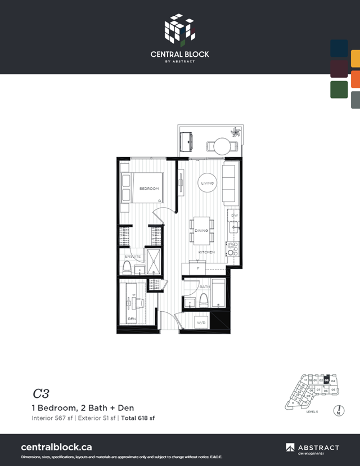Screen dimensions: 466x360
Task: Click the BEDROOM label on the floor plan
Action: click(x=149, y=189)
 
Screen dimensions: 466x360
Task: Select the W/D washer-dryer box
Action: click(x=201, y=322)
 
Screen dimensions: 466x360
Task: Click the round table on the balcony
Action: click(x=223, y=146)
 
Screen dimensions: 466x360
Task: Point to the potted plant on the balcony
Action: click(x=237, y=133)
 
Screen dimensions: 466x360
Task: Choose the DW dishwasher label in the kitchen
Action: click(x=235, y=216)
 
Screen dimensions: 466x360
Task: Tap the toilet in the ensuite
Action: click(x=127, y=267)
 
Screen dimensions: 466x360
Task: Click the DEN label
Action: click(x=132, y=319)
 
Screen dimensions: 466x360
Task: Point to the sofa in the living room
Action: click(x=229, y=183)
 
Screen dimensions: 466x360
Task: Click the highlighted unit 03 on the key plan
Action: click(x=327, y=380)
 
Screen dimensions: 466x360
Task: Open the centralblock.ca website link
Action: click(x=56, y=447)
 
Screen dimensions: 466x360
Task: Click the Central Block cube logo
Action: click(x=179, y=28)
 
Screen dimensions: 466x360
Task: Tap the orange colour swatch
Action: click(x=355, y=79)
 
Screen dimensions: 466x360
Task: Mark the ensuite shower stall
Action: click(x=152, y=262)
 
